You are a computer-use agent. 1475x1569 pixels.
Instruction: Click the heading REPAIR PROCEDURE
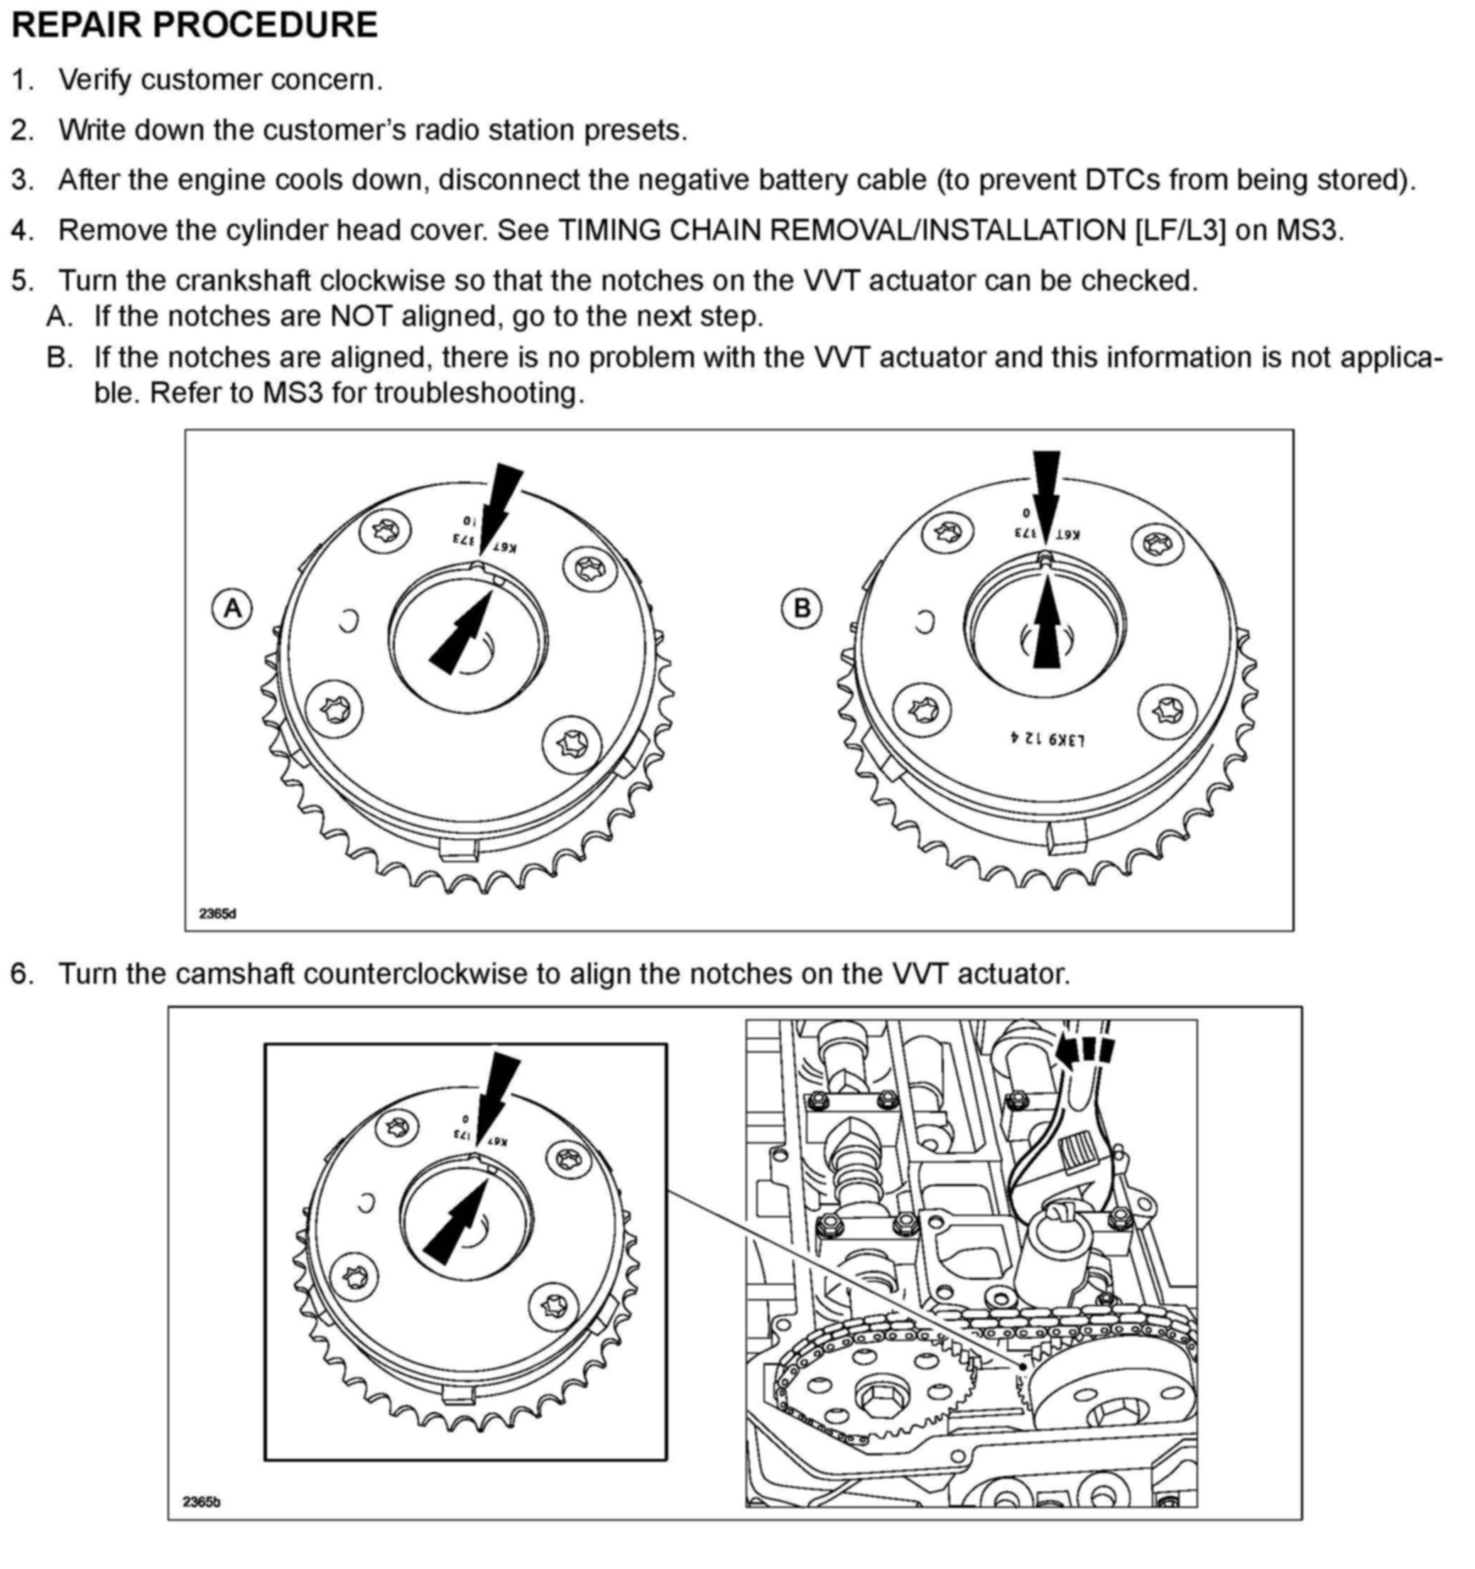[194, 26]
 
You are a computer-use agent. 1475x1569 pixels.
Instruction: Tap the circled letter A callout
[232, 609]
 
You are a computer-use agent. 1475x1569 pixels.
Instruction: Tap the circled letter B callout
[801, 609]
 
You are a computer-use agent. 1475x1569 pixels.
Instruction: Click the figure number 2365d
[217, 913]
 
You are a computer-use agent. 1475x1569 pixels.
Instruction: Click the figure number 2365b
[201, 1501]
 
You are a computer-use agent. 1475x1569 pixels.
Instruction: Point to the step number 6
[22, 973]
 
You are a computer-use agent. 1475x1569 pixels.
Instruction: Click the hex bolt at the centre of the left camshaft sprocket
[875, 1399]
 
